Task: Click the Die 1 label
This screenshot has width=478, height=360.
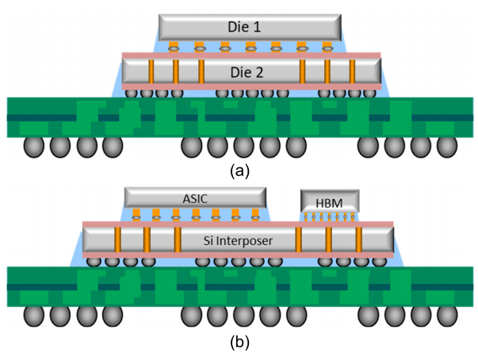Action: [244, 27]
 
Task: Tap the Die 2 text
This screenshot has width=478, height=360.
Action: [247, 72]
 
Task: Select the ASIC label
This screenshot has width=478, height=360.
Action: [195, 199]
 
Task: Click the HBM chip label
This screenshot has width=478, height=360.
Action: [329, 203]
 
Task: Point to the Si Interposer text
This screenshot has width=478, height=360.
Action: [238, 241]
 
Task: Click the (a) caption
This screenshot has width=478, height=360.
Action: [239, 171]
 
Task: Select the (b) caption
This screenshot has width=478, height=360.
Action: [239, 342]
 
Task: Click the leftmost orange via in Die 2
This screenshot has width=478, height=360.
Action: [151, 71]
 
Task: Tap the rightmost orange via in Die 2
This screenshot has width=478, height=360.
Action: [352, 71]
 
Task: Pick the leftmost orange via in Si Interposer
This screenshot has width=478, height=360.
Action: [117, 239]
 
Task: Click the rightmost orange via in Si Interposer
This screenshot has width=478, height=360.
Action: [359, 239]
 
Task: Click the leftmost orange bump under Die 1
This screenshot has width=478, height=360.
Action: [174, 47]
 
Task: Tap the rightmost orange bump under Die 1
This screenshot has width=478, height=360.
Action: [327, 47]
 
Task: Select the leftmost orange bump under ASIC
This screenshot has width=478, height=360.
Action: [136, 215]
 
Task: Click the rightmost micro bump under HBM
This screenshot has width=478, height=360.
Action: [353, 216]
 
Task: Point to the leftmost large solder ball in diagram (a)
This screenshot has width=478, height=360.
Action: [34, 147]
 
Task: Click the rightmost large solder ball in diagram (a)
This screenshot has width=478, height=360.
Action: [447, 147]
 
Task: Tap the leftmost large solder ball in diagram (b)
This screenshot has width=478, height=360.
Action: [34, 316]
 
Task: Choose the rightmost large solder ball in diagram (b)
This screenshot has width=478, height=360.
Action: [447, 316]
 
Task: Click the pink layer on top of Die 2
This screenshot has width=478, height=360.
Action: [251, 56]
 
